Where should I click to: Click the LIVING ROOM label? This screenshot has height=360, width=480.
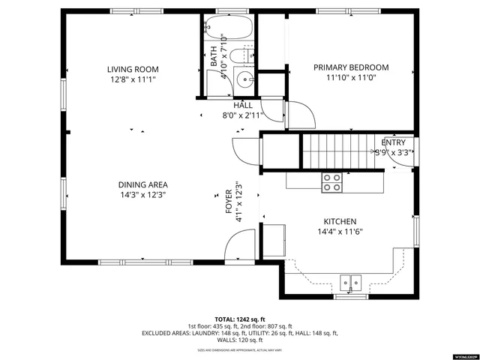(x=133, y=69)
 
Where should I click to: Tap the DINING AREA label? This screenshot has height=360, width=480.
(x=142, y=184)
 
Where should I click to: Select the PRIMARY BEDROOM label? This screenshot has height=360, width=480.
(x=351, y=67)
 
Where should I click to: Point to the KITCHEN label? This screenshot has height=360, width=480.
(x=339, y=221)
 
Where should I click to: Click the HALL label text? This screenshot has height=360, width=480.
(x=242, y=106)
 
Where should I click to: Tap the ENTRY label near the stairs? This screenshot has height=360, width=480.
(x=393, y=142)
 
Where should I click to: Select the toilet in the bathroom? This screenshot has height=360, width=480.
(x=241, y=55)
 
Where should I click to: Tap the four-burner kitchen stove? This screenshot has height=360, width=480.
(x=331, y=181)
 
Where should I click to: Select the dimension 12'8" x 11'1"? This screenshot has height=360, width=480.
(x=133, y=79)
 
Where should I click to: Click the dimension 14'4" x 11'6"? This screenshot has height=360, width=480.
(x=339, y=232)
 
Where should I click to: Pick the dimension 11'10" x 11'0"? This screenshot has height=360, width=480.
(x=351, y=77)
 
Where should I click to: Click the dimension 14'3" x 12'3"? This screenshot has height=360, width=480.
(x=142, y=195)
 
